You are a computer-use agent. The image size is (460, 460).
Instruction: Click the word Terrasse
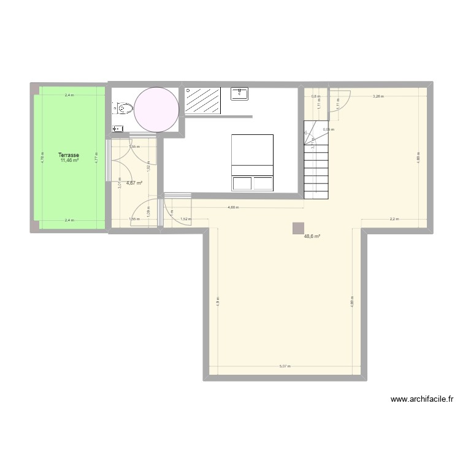tap(69, 155)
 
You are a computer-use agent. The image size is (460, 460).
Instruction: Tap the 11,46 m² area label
tap(69, 161)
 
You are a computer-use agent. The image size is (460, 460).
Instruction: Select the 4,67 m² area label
tap(134, 182)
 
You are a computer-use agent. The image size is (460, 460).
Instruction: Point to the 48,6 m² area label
tap(313, 236)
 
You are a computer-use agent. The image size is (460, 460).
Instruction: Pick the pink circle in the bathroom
tap(156, 109)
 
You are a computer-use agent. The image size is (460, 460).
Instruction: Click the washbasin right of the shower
tap(239, 93)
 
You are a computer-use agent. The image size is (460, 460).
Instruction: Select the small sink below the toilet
tap(117, 129)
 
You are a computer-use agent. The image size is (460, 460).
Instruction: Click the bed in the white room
tap(251, 163)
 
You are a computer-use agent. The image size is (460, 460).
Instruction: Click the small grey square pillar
tap(299, 228)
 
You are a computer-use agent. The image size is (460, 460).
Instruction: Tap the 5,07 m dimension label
tap(285, 366)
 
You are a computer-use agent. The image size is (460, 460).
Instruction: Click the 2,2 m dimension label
tap(393, 219)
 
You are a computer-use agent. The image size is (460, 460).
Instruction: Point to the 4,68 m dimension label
tap(233, 207)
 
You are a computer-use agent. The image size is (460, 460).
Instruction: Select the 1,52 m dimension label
tap(186, 219)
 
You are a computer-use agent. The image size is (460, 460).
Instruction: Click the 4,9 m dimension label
tap(217, 302)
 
